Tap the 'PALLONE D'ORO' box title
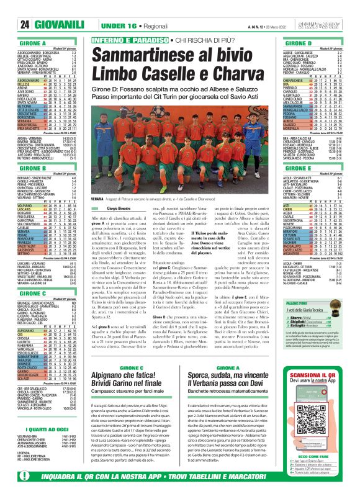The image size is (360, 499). click(x=295, y=340)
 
